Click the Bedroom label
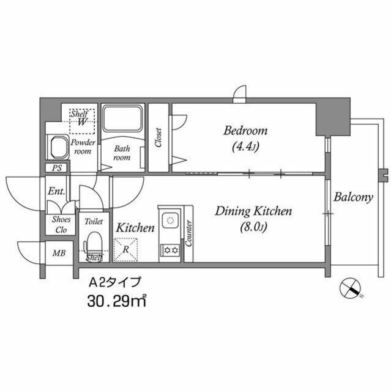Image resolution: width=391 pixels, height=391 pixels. point(245,131)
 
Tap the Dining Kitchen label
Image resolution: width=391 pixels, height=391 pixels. point(253,211)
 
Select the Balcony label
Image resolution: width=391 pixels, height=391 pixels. point(353,197)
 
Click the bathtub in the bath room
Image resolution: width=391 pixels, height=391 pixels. point(122,118)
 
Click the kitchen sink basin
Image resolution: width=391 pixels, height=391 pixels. point(171,220)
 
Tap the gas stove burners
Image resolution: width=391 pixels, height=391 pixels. point(171,250)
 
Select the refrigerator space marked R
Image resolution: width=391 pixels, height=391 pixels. point(125,250)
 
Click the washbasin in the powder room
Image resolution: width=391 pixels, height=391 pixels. point(59,147)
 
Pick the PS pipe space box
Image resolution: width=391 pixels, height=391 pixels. point(57,168)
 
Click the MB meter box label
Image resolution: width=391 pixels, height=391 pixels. point(59,254)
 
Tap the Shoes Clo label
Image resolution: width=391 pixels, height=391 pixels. point(61,224)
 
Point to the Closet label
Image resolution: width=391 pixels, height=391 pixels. point(158,137)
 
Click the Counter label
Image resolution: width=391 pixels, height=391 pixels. point(188,233)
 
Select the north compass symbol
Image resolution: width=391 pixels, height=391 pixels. point(350,288)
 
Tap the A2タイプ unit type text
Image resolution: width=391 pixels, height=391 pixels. point(115,283)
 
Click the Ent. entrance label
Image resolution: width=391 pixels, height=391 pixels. point(56,191)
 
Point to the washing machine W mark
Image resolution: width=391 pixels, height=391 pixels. point(82,122)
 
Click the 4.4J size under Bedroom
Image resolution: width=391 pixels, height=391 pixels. point(245,147)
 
